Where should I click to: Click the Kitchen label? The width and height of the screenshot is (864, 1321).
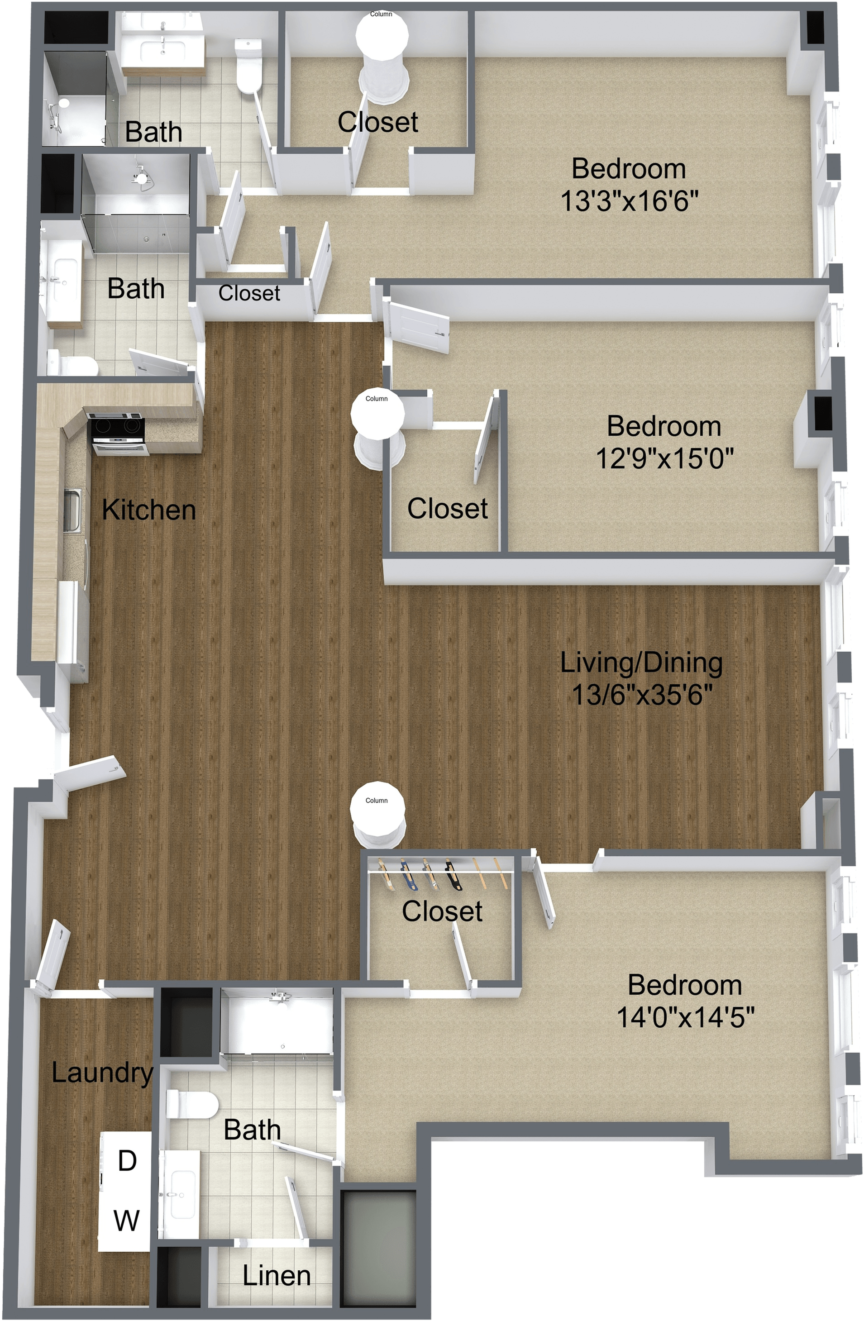point(149,510)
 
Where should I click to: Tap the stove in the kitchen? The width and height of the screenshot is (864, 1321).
point(118,432)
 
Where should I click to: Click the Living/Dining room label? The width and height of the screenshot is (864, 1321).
point(641,663)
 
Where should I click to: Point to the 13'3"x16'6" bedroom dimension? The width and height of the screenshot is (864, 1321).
point(629,200)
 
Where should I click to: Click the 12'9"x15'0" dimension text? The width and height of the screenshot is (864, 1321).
point(665,458)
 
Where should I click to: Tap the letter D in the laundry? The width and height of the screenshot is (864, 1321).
point(127,1160)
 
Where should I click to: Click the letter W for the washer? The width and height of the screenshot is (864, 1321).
point(127,1220)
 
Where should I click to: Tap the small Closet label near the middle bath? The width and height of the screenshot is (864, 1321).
point(249,293)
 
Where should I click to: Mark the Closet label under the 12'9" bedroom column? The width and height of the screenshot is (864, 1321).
point(448,508)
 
